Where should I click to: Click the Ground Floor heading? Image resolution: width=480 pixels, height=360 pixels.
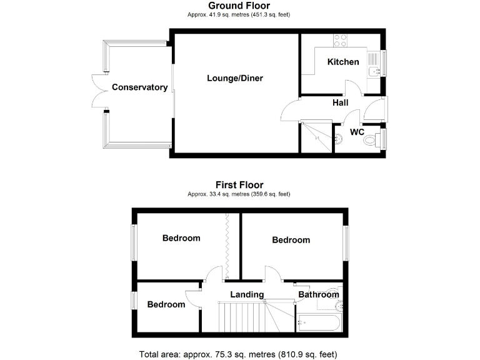(239, 6)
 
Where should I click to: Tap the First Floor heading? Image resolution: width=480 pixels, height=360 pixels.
(239, 185)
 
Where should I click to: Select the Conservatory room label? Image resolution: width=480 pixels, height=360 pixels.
(140, 87)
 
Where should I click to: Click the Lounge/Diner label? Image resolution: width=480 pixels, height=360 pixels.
(235, 78)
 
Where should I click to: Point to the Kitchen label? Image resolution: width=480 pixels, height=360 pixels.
(344, 62)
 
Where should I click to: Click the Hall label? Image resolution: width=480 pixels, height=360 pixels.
(340, 102)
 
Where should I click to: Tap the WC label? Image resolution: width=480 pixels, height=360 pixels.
(357, 132)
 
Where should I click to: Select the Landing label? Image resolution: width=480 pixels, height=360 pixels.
(247, 294)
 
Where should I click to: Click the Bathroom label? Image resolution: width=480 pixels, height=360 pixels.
(318, 294)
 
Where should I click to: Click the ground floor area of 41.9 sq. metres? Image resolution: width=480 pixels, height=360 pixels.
(239, 14)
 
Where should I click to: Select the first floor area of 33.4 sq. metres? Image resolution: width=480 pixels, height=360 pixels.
(239, 194)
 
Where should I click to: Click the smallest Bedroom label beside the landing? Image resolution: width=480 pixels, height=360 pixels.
(166, 304)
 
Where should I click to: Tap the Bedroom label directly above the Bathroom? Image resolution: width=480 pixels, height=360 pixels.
(291, 240)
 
